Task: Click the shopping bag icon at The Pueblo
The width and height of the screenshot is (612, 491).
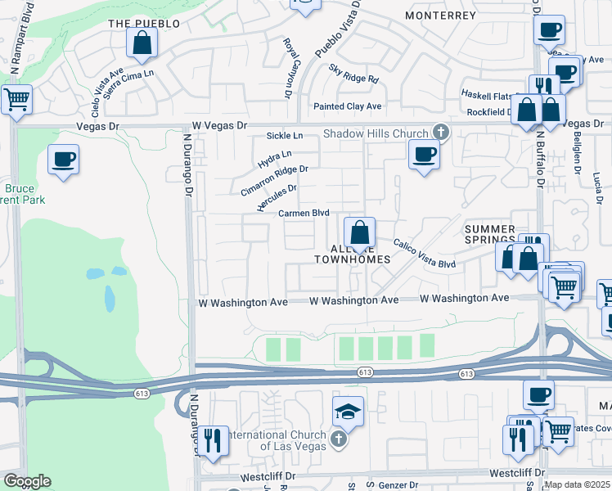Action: point(142,44)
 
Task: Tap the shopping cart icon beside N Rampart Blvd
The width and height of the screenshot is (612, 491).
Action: point(16,101)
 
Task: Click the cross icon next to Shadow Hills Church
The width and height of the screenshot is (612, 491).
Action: point(440,133)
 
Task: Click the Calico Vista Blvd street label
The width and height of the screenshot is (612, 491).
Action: point(424,253)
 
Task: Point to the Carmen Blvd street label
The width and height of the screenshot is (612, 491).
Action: point(304,213)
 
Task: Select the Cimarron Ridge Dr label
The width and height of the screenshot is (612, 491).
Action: point(274,180)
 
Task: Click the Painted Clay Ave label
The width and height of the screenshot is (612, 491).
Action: point(348,106)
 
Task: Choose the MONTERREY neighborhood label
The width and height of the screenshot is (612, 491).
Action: point(440,16)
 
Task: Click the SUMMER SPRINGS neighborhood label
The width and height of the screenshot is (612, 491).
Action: point(490,236)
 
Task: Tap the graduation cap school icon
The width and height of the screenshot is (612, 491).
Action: point(348,412)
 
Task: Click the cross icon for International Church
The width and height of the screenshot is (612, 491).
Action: point(339,440)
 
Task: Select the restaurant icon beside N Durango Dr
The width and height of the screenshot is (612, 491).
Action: point(214,439)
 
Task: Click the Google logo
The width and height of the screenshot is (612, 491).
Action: point(27,481)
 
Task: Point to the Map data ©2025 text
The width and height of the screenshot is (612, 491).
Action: point(577,484)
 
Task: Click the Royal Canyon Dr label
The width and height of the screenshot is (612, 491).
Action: point(287,56)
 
